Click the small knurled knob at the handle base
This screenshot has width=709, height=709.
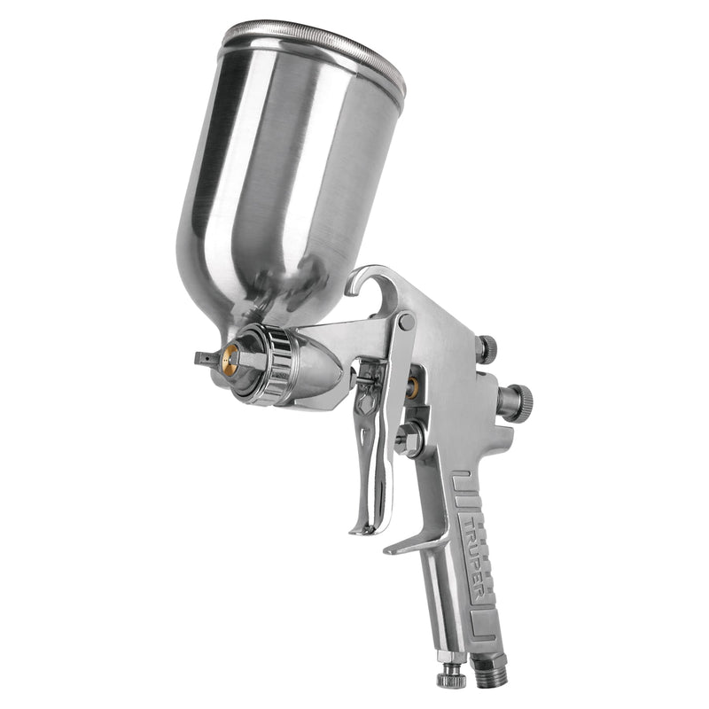click(x=449, y=677)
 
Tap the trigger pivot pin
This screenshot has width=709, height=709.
click(x=406, y=321)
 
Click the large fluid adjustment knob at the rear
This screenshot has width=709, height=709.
click(x=515, y=401)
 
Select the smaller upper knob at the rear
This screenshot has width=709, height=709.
click(x=486, y=347)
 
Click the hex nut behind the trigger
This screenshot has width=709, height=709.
click(x=409, y=439)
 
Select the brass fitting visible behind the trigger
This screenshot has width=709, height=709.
click(x=413, y=387)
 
